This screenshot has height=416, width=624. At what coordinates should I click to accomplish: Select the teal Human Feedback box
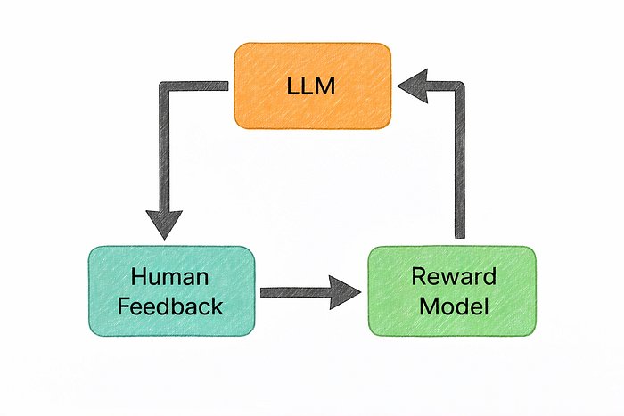pos(172,290)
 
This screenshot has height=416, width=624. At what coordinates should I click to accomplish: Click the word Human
pos(172,276)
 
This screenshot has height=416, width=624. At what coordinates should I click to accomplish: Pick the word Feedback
pos(172,306)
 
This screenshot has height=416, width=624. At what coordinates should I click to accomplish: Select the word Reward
pos(452,276)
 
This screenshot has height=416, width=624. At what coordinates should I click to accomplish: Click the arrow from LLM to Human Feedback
pos(164,151)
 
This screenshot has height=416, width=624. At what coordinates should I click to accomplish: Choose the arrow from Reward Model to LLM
pos(460,160)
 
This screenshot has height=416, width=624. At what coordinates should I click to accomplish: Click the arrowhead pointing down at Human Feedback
pos(164,223)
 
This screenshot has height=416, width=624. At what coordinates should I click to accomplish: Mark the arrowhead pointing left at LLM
pos(412,86)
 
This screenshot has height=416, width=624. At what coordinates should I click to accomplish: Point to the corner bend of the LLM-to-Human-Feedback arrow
pos(165,86)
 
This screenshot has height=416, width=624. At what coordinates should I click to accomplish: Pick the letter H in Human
pos(136,276)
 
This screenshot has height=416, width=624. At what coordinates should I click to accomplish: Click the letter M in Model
pos(426,306)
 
